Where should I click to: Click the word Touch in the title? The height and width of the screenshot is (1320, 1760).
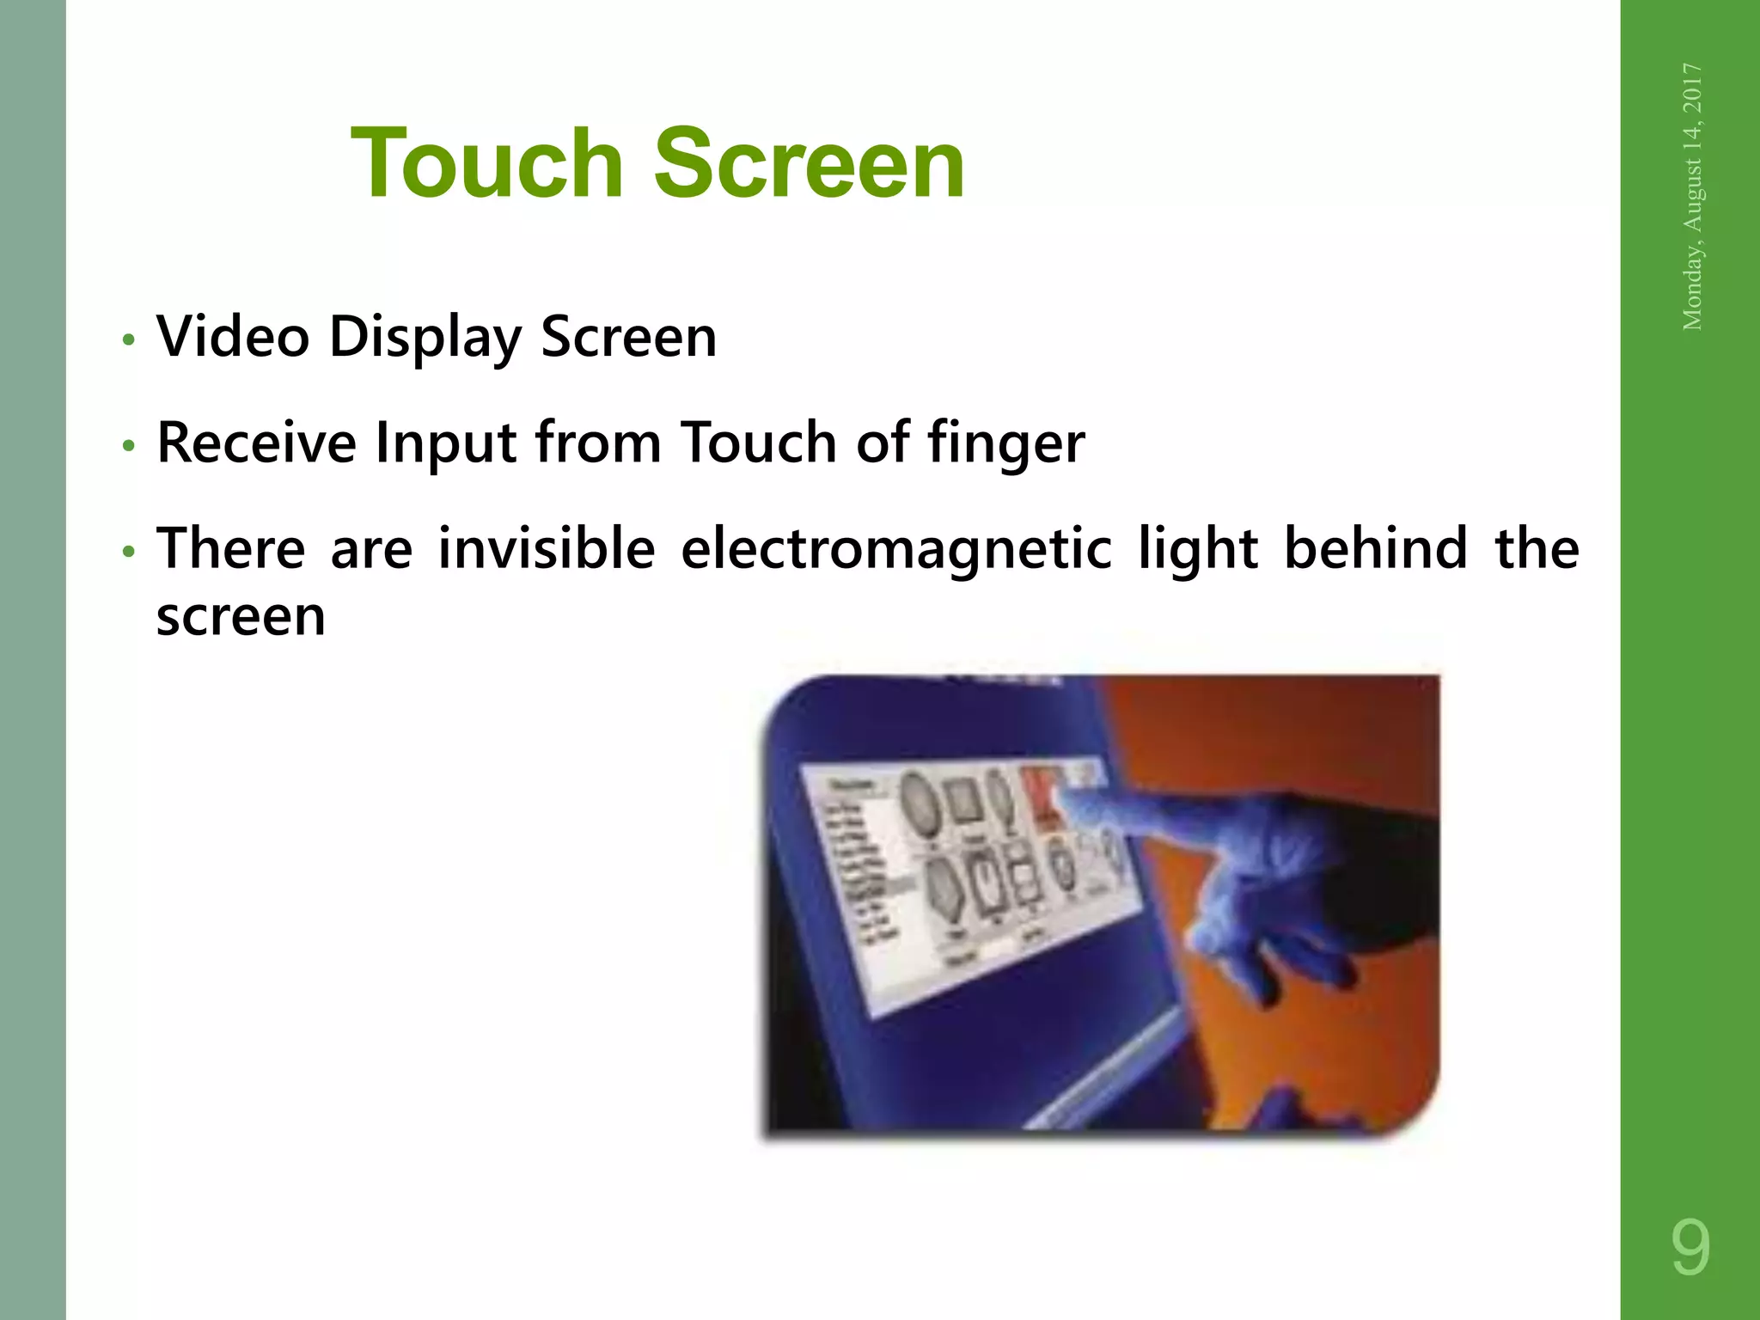point(487,163)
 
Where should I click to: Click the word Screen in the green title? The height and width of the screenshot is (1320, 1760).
point(809,163)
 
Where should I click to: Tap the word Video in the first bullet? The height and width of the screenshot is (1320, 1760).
point(233,336)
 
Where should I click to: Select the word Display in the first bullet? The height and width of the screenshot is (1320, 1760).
point(425,338)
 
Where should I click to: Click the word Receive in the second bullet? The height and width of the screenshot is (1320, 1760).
point(256,443)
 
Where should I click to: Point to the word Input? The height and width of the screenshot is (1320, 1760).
point(446,444)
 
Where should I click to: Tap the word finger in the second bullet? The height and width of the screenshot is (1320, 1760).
point(1005,444)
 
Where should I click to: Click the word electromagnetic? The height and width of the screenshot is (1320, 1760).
point(896,550)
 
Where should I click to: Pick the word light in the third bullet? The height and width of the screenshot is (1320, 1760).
point(1198,550)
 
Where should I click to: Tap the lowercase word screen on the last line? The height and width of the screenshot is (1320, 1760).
point(241,617)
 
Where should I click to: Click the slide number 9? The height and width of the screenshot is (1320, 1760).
point(1690,1248)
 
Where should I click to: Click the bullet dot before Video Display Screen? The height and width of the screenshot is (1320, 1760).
point(128,339)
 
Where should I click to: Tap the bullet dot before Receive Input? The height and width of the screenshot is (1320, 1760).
point(128,446)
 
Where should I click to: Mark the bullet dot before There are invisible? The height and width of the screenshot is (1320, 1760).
point(128,552)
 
